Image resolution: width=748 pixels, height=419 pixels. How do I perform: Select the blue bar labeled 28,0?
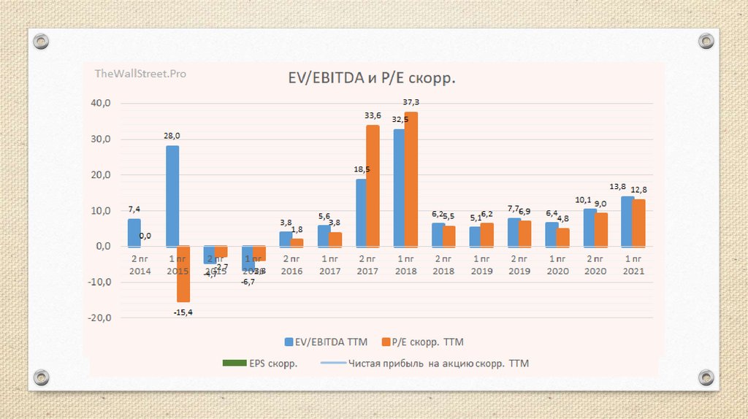coord(172,196)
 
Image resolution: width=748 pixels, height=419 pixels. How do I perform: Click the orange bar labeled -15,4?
coord(183,274)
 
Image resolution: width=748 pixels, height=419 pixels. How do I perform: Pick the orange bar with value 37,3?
coord(411,179)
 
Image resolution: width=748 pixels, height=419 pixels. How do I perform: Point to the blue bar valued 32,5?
coord(400,188)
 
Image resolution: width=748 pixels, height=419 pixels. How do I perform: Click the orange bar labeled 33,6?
coord(373,185)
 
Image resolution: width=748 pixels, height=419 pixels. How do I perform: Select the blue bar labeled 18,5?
coord(361,212)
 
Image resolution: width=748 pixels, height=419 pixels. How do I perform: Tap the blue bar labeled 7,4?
coord(134,233)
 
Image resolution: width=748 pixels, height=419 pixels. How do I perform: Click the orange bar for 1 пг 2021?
coord(638,223)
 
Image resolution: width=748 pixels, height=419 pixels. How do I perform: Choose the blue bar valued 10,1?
coord(589,228)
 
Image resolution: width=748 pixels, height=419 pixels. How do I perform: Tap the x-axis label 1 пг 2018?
coord(405,265)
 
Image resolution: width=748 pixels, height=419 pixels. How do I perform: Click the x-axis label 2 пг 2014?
coord(140,265)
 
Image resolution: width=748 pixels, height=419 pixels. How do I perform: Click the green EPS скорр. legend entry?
coord(259,364)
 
